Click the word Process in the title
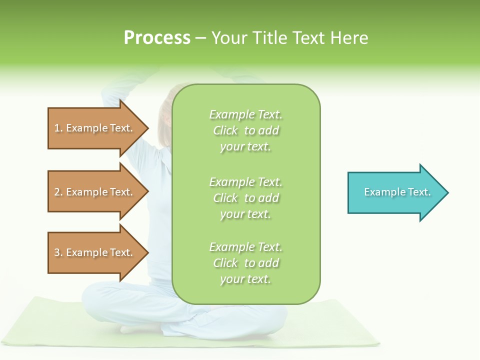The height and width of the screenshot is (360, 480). coord(157,38)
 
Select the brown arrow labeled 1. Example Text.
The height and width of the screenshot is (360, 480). coord(95,128)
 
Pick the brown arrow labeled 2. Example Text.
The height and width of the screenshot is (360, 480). coord(95,192)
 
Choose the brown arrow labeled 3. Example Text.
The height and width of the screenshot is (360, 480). coord(95,252)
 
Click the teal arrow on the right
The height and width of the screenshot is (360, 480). coord(395,192)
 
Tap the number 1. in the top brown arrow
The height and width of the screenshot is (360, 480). coord(58,128)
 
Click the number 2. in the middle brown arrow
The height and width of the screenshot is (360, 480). coord(58,192)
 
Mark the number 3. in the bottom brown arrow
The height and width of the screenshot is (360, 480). coord(58,252)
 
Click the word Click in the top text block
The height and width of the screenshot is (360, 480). coord(225,131)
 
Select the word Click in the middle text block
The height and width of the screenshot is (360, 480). coord(225,198)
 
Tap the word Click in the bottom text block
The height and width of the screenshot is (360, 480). coord(225,263)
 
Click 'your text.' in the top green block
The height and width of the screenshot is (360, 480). coord(245,147)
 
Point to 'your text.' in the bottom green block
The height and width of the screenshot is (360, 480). coord(245,279)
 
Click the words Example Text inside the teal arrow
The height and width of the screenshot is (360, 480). coord(397,192)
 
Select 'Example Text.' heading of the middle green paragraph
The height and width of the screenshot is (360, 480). coord(245,182)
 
